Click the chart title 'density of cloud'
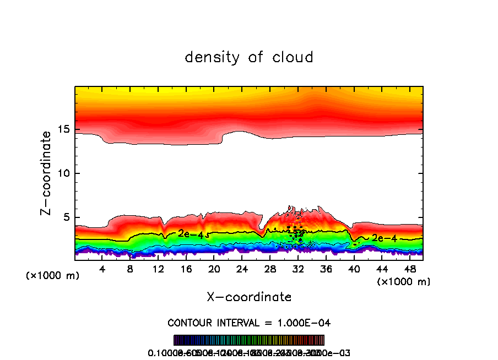249,57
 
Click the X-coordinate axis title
249,297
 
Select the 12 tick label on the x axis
158,269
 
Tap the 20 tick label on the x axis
214,269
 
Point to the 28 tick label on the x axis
270,269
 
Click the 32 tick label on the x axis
298,269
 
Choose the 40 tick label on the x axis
354,269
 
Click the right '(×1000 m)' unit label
404,282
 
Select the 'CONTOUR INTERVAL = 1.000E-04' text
249,323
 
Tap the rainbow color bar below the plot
249,340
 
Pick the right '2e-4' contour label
384,238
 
